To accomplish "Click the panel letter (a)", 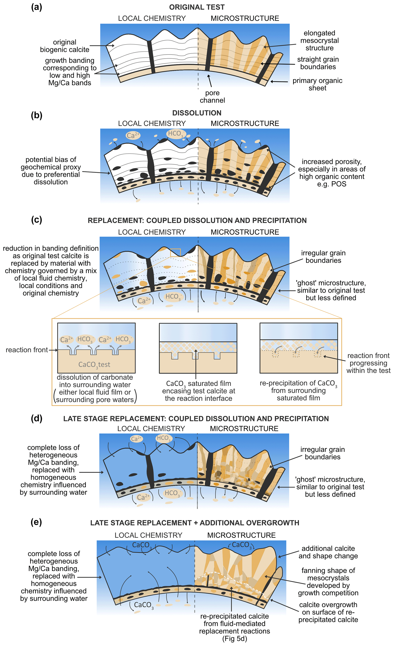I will coord(36,7).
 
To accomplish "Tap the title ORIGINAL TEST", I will coord(197,7).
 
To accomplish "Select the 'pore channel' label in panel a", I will coord(212,97).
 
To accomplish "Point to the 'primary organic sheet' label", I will coord(317,84).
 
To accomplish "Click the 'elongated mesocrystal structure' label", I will coord(319,40).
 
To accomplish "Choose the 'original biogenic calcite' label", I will coord(64,46).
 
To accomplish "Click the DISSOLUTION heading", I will coord(197,113).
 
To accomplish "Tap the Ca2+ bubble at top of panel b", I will coord(133,135).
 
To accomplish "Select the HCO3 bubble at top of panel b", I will coord(176,134).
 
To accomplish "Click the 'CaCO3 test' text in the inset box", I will coord(94,365).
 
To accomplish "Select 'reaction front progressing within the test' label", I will coord(368,363).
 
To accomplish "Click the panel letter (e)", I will coord(36,522).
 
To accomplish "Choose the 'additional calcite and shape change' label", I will coord(328,552).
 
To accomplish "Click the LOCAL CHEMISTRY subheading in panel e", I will coord(148,535).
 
